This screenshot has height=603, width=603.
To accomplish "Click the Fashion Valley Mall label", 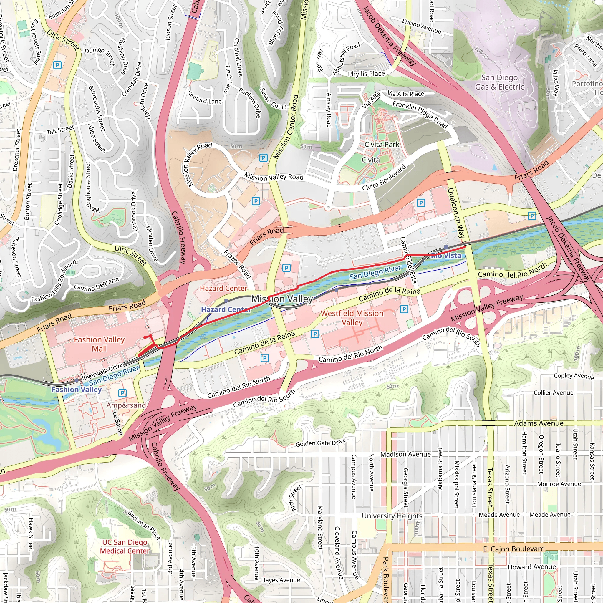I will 99,344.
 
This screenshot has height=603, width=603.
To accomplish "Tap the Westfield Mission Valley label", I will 352,318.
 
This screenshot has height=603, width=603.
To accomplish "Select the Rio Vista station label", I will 446,255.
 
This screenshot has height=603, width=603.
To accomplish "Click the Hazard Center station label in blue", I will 225,309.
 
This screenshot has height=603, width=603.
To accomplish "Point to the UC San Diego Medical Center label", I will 125,546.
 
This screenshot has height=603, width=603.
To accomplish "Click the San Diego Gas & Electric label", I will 499,82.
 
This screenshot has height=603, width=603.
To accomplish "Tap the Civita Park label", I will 382,145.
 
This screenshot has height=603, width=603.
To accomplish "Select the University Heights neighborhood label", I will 392,516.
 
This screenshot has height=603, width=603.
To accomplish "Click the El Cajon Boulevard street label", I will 513,549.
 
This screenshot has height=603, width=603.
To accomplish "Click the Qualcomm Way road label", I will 456,213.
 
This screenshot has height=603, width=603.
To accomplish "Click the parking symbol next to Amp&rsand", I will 123,393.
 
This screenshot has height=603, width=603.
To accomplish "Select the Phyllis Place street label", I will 366,74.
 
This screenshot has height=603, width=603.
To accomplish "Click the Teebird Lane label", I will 205,98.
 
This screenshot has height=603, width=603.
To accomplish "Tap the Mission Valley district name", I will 282,299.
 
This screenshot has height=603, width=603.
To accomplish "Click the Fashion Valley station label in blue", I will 77,390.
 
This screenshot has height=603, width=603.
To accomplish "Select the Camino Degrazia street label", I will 97,284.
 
